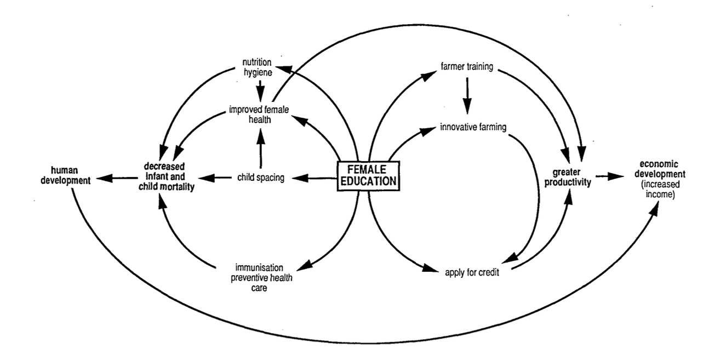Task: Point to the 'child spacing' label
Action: point(260,177)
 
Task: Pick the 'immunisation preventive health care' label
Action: point(259,277)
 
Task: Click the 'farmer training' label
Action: point(466,68)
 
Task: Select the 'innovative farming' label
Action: point(473,128)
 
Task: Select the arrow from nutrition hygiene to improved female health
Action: point(261,90)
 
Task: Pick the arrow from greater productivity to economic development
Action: point(609,176)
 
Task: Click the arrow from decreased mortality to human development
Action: point(116,177)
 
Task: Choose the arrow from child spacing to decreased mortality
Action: point(215,177)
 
